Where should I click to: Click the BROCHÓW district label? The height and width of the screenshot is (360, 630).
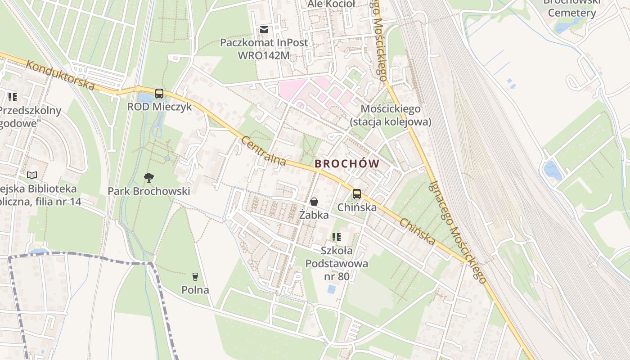(347, 164)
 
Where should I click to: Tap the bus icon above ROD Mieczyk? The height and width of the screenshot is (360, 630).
(159, 94)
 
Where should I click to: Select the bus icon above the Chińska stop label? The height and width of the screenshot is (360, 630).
(356, 194)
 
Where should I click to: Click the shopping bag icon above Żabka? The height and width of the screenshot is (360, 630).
(314, 202)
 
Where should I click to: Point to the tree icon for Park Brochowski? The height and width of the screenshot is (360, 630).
(148, 178)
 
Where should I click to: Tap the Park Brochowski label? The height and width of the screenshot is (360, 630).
(148, 191)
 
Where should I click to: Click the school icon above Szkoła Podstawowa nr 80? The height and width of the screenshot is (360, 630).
(336, 237)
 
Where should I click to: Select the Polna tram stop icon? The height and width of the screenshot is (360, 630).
(195, 276)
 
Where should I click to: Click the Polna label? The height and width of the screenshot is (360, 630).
(195, 290)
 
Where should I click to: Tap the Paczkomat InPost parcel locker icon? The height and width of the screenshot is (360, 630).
(264, 30)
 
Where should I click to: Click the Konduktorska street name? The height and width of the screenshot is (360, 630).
(60, 75)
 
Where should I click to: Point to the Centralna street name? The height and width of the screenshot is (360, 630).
(263, 151)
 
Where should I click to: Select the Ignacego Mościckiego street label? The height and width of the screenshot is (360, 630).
(458, 232)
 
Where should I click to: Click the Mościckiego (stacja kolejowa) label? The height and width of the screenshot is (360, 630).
(391, 115)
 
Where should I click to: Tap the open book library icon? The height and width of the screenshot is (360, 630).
(31, 175)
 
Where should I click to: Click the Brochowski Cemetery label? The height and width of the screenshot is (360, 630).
(572, 8)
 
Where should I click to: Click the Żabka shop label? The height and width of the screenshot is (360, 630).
(314, 215)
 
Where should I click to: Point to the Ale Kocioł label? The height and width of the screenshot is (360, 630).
(331, 4)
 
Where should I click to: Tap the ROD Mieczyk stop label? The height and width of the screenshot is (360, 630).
(159, 107)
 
